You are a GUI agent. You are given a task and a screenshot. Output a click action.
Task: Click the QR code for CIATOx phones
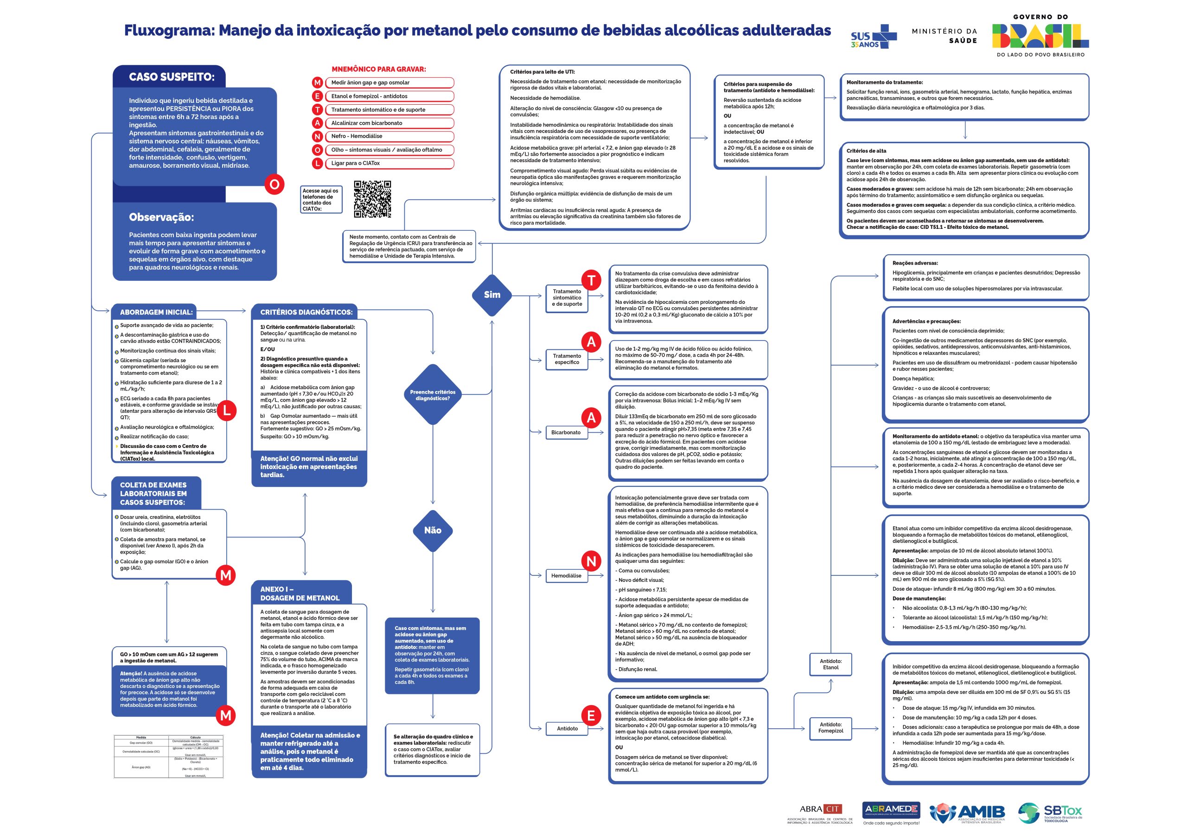click(x=372, y=199)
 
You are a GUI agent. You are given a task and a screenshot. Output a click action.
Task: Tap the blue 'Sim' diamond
click(x=491, y=295)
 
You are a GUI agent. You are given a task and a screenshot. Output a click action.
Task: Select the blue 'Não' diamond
click(x=433, y=530)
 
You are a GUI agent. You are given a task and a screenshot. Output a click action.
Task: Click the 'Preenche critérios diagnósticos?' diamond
click(x=433, y=395)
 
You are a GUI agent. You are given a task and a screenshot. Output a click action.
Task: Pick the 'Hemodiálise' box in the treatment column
click(x=566, y=575)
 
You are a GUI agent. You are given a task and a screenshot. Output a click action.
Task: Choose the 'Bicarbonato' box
click(x=566, y=432)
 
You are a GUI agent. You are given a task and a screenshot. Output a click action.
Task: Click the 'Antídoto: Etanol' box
click(x=830, y=664)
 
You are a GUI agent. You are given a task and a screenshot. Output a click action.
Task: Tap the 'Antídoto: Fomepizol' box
click(x=830, y=727)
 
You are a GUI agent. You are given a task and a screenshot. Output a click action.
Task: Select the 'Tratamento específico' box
click(x=567, y=359)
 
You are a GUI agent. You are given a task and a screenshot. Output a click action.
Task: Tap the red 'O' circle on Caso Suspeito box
click(x=274, y=184)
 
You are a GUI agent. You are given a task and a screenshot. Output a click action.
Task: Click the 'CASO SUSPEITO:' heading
click(x=171, y=77)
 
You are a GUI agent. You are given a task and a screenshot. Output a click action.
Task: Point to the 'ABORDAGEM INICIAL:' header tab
click(x=156, y=312)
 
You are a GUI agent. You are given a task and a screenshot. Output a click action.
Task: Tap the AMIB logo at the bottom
click(x=967, y=813)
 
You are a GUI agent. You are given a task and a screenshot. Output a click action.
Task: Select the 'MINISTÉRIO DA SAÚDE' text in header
click(x=944, y=36)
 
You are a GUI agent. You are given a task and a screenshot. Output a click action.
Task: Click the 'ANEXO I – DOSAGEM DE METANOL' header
click(x=300, y=593)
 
